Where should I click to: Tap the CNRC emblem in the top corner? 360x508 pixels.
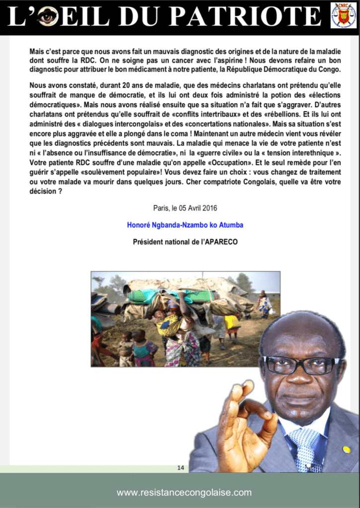(x=344, y=15)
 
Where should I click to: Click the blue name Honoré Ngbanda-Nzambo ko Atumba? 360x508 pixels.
(x=185, y=225)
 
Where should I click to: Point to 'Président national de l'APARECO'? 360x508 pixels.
(x=185, y=242)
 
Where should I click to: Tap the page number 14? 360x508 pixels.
(x=181, y=467)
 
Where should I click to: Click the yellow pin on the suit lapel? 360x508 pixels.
(x=347, y=449)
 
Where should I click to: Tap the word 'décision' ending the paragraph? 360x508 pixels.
(x=44, y=190)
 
